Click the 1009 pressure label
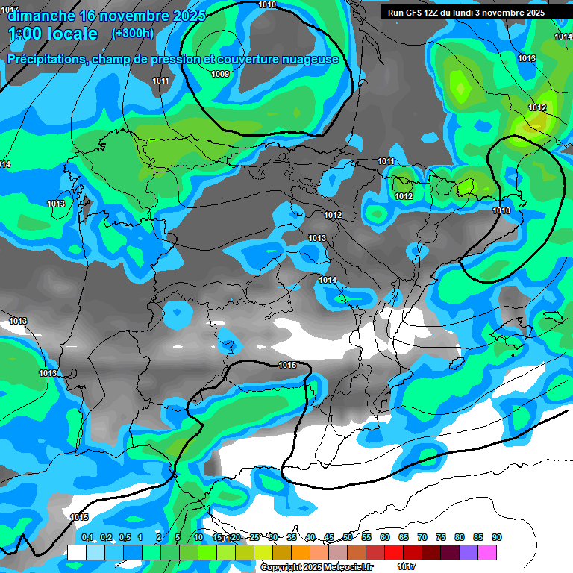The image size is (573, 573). point(220,74)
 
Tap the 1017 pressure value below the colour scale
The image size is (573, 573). point(407,567)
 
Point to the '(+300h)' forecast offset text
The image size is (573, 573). point(132,34)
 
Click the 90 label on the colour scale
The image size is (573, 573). point(497,537)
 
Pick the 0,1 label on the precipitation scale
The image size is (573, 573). point(87,537)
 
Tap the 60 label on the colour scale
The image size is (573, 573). point(385,537)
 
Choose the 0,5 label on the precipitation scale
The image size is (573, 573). point(125,537)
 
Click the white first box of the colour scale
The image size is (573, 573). point(76,552)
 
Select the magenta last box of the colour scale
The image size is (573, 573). point(487,552)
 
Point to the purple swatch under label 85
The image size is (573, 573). point(469,552)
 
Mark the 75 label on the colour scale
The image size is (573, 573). point(441,537)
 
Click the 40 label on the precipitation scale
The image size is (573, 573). point(310,537)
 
